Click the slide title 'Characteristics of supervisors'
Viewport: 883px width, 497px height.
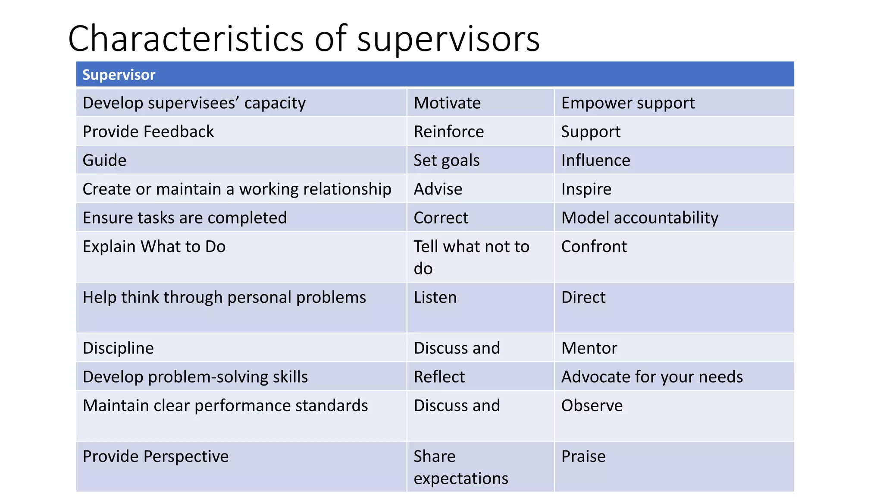coord(304,39)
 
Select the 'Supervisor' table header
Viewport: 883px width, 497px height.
coord(119,75)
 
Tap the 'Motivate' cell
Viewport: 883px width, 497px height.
coord(447,103)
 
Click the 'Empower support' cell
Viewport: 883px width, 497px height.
coord(628,103)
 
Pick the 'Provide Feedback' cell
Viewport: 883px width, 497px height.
coord(148,132)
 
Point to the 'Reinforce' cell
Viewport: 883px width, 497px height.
coord(448,132)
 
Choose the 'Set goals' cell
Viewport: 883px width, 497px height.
coord(446,160)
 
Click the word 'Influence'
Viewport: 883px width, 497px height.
coord(595,160)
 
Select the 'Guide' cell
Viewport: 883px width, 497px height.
coord(104,160)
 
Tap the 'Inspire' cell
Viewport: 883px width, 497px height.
coord(586,189)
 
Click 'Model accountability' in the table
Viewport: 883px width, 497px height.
coord(639,218)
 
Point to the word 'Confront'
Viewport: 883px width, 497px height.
coord(594,247)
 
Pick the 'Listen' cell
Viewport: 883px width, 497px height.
coord(435,298)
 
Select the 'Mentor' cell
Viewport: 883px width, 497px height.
coord(589,348)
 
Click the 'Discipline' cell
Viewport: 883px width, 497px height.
coord(118,348)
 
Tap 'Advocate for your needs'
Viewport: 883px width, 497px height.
coord(652,377)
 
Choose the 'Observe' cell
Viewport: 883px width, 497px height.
coord(592,406)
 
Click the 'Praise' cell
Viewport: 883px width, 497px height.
coord(583,456)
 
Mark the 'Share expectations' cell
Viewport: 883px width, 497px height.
coord(460,467)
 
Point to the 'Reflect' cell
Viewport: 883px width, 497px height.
coord(439,377)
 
